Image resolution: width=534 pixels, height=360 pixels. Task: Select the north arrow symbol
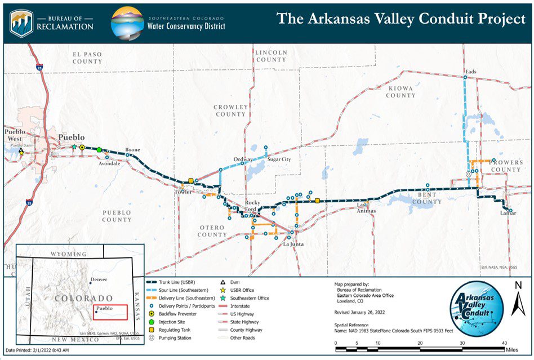coord(518,300)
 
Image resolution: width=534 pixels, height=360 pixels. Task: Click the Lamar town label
coord(508,214)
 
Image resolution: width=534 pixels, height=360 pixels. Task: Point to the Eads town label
coord(471,72)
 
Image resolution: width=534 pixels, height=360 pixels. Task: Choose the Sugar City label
coord(279,159)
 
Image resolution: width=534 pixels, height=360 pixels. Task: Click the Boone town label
coord(132,150)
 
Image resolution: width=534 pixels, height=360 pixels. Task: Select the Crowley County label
coord(231,110)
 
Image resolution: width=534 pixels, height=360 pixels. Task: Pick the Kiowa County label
coord(400,92)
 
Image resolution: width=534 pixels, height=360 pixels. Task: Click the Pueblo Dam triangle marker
coord(21,151)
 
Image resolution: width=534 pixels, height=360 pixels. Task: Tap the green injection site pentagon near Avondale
coord(100,150)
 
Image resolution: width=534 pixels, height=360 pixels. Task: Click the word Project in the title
coord(496,18)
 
